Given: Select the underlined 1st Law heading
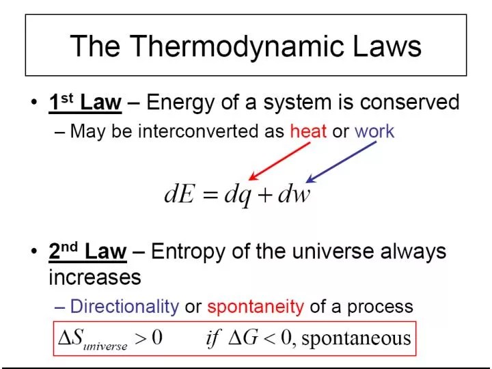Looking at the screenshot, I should tap(85, 103).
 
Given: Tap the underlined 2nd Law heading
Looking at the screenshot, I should tap(87, 251).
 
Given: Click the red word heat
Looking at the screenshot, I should tap(308, 131).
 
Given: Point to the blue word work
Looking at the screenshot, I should tap(374, 131).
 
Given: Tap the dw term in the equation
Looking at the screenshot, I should tap(295, 194).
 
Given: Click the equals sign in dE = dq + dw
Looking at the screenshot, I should tap(207, 195).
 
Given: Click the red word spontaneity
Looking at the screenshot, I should tap(256, 306).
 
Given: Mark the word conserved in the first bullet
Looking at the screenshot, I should tap(409, 103).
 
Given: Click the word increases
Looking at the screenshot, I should tap(95, 277).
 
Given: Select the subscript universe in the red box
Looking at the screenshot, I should tap(105, 346).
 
